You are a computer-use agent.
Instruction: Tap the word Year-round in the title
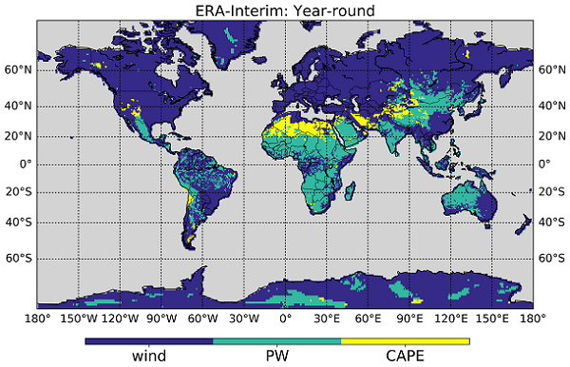tap(329, 11)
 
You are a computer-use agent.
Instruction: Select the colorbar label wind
tap(149, 356)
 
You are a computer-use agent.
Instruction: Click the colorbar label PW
tap(277, 356)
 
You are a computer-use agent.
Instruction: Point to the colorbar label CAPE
tap(405, 356)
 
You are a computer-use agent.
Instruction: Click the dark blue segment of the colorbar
tap(149, 339)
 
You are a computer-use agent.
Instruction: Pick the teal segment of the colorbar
tap(277, 339)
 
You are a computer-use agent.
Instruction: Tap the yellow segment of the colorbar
tap(405, 339)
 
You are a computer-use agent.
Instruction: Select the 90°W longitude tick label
tap(161, 318)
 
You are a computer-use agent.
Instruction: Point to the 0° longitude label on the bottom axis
tap(286, 318)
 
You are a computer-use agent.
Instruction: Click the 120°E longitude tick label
tap(450, 318)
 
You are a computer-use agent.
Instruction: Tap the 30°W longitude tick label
tap(244, 318)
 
